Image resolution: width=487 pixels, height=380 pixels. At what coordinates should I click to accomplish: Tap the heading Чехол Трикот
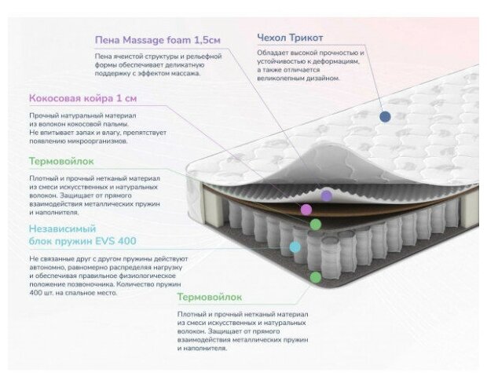[290, 38]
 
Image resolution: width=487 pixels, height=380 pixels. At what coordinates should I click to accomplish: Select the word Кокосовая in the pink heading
[59, 99]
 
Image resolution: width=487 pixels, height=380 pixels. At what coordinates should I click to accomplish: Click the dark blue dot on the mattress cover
[385, 116]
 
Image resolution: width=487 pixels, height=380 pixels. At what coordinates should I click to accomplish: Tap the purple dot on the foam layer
[327, 195]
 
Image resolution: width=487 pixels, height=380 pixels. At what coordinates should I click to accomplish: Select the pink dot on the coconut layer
[306, 209]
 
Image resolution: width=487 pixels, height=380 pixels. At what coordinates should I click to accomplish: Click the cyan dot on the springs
[295, 247]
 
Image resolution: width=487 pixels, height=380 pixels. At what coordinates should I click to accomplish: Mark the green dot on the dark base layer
[315, 277]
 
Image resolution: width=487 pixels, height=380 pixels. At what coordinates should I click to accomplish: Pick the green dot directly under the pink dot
[315, 225]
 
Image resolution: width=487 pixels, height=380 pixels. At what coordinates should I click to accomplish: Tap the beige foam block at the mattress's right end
[470, 206]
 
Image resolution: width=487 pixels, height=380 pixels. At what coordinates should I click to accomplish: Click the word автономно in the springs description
[47, 266]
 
